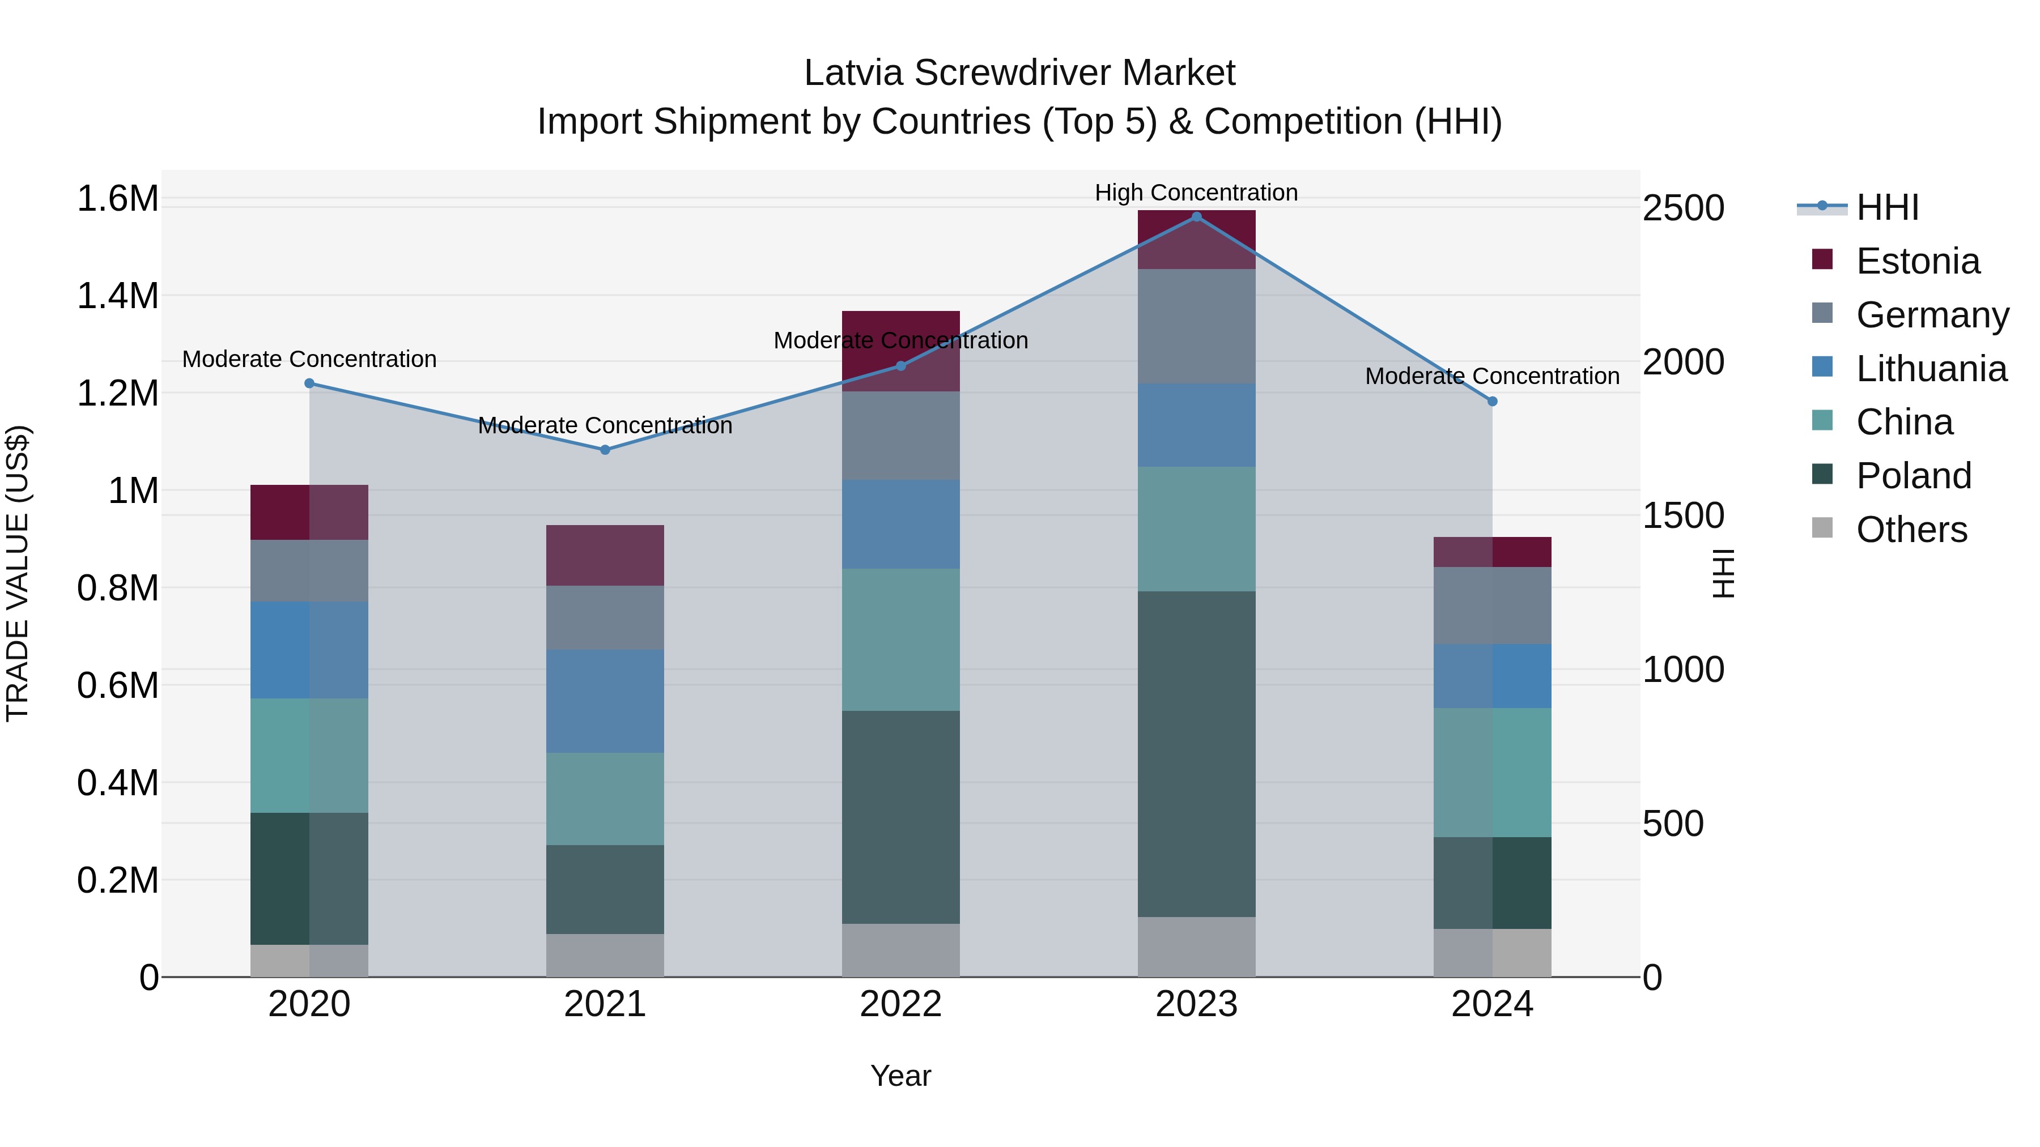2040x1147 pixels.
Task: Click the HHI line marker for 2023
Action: coord(1196,216)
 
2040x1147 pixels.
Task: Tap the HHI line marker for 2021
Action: coord(605,450)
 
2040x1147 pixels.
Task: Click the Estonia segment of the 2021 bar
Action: coord(605,555)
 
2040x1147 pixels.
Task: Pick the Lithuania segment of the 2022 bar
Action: coord(900,524)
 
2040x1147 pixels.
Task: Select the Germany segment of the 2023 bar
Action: coord(1196,326)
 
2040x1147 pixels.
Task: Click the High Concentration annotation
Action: coord(1196,193)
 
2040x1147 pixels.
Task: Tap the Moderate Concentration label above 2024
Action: coord(1492,376)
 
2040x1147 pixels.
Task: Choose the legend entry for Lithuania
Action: coord(1931,369)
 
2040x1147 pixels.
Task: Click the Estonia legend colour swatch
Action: coord(1822,259)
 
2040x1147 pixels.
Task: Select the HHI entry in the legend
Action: coord(1887,207)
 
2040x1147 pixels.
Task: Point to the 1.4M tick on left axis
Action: coord(117,296)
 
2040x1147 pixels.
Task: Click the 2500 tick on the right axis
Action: coord(1684,208)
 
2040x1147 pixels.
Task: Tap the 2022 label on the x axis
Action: coord(900,1004)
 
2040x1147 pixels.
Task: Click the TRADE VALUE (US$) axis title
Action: coord(18,573)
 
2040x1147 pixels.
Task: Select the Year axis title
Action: coord(900,1076)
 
